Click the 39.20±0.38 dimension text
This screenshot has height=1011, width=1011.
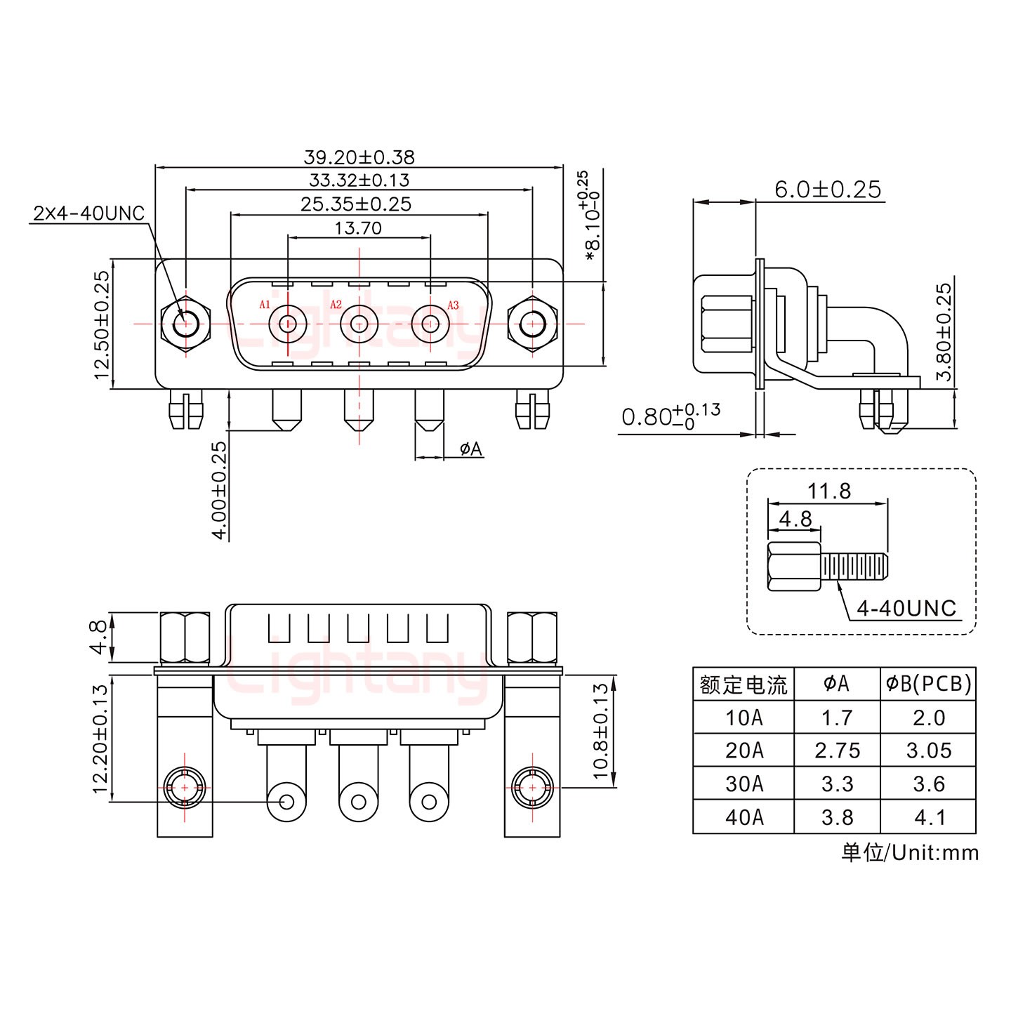click(x=359, y=157)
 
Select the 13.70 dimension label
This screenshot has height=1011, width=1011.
click(x=358, y=228)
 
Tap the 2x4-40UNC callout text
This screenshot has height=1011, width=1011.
click(x=88, y=213)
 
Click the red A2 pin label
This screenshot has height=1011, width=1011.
click(x=336, y=305)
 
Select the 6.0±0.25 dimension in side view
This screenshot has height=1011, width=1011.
click(x=827, y=189)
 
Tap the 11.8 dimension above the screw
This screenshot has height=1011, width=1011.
click(x=828, y=491)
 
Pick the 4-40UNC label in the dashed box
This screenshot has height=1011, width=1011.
click(x=906, y=608)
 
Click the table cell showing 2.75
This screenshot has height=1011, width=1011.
click(x=837, y=751)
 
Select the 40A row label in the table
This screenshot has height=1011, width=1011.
click(x=744, y=817)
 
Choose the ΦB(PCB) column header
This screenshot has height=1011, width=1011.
click(x=928, y=683)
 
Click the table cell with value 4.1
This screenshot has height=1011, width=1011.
click(x=928, y=817)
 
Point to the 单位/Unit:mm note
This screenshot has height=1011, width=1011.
click(x=909, y=852)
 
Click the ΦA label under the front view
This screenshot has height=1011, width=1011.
click(x=471, y=449)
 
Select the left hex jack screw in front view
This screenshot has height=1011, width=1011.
click(x=185, y=324)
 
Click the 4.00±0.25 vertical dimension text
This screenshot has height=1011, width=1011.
click(x=219, y=489)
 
